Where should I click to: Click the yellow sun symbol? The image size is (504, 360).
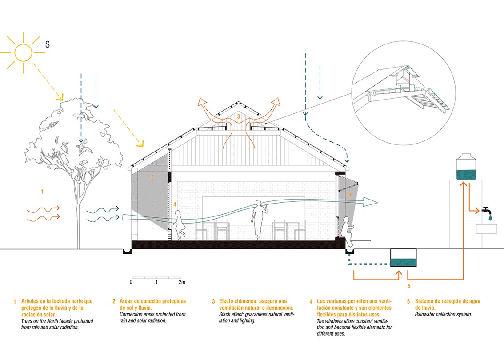click(x=23, y=52)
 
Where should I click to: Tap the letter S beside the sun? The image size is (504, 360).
click(x=47, y=44)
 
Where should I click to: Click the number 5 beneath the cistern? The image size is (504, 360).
click(x=408, y=286)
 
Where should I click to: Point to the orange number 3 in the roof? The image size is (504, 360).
click(x=238, y=116)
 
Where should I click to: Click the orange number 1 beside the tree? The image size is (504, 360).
click(x=42, y=192)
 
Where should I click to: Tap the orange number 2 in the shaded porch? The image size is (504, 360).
click(x=152, y=177)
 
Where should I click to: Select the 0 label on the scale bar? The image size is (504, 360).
click(x=131, y=282)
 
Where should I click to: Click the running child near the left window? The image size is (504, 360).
click(x=179, y=225)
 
